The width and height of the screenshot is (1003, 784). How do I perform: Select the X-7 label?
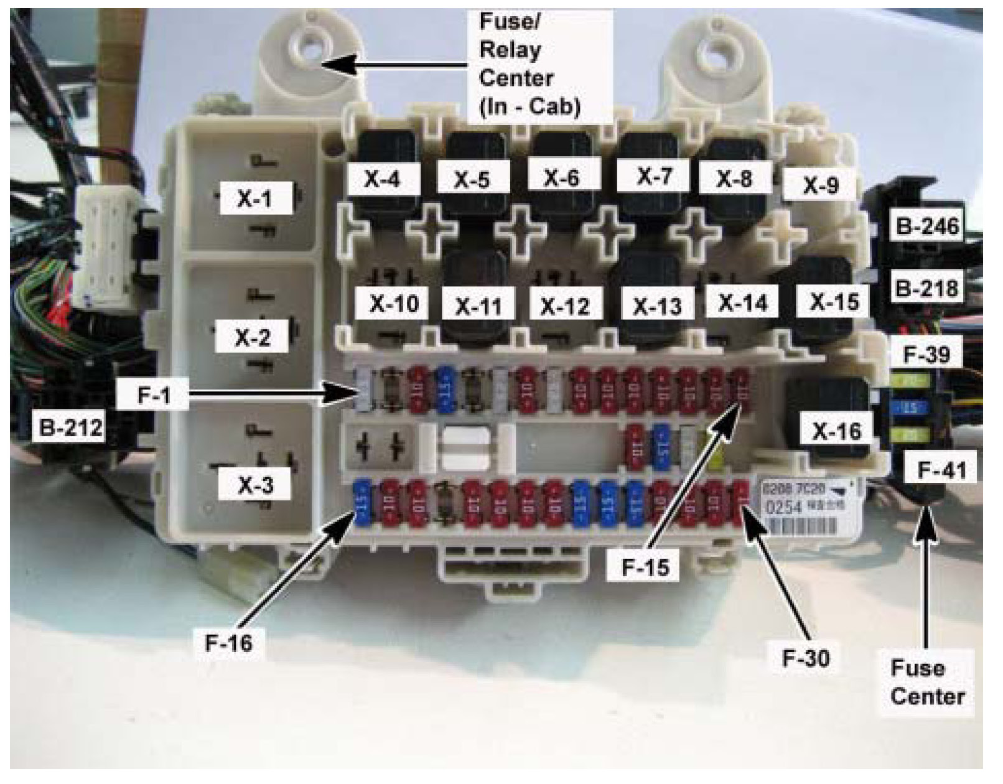pyautogui.click(x=653, y=176)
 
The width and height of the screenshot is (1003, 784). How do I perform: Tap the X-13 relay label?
pyautogui.click(x=657, y=306)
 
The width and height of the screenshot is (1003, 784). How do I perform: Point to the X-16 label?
pyautogui.click(x=837, y=431)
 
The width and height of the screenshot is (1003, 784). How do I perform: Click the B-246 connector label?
pyautogui.click(x=926, y=226)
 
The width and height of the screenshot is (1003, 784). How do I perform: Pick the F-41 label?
pyautogui.click(x=942, y=470)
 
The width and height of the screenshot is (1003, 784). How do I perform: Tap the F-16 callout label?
pyautogui.click(x=229, y=642)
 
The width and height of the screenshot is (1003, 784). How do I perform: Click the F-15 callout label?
pyautogui.click(x=645, y=567)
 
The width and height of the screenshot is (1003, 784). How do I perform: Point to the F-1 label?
pyautogui.click(x=154, y=394)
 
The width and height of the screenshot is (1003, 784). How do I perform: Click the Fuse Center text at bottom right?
pyautogui.click(x=926, y=682)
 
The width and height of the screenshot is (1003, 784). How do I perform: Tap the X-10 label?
pyautogui.click(x=394, y=304)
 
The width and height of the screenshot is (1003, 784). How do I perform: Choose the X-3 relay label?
pyautogui.click(x=254, y=485)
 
